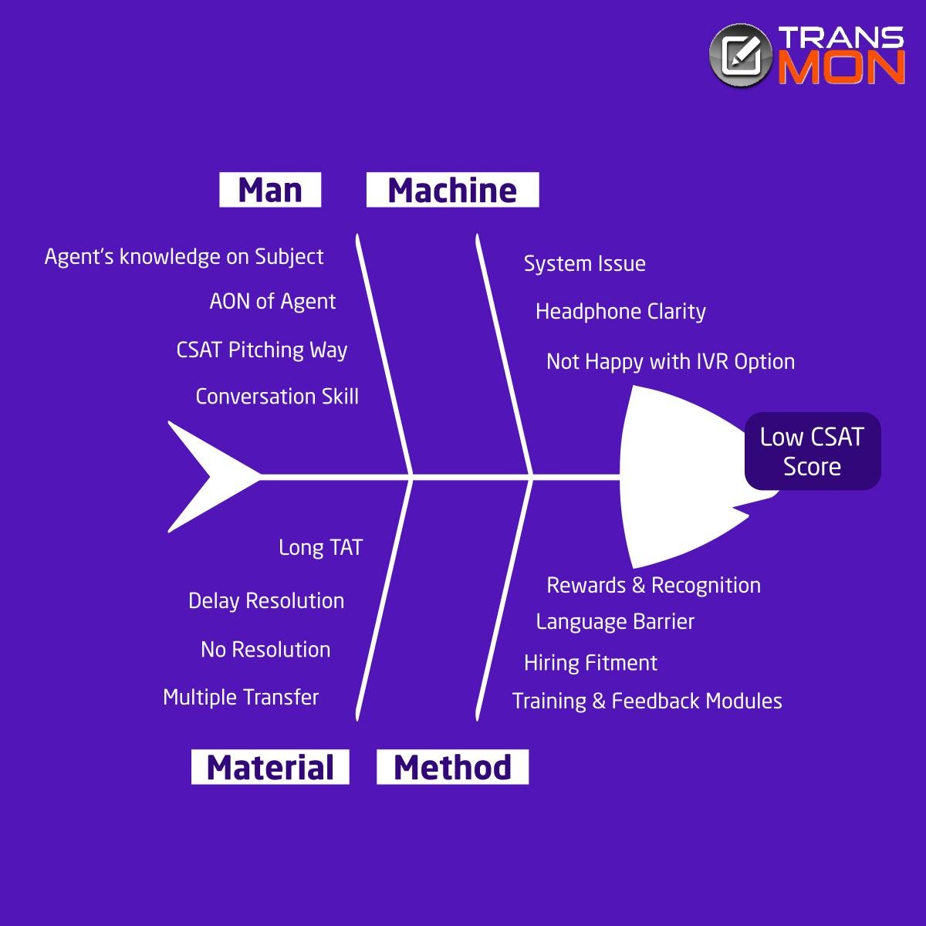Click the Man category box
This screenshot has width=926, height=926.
click(x=270, y=190)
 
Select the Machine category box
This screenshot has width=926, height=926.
click(x=453, y=190)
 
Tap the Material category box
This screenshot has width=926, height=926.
click(x=270, y=767)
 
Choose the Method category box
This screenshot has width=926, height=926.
click(x=453, y=767)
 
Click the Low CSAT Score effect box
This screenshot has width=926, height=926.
click(x=813, y=451)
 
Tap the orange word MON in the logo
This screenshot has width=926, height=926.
click(x=841, y=67)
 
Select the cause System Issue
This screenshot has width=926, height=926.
click(x=585, y=264)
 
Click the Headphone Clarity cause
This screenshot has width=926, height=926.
click(x=621, y=312)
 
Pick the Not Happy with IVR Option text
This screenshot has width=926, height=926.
click(x=671, y=362)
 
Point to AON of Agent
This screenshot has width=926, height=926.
click(x=272, y=302)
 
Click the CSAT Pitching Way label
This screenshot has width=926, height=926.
click(x=262, y=350)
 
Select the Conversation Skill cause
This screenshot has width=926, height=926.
click(x=277, y=397)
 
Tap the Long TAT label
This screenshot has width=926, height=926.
click(x=320, y=548)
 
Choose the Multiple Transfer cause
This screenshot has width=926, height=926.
click(x=241, y=698)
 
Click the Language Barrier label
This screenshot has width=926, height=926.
click(x=615, y=622)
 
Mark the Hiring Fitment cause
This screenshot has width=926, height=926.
click(x=590, y=663)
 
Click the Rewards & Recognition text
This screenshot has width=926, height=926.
click(x=654, y=585)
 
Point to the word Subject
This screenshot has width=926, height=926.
click(x=289, y=257)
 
